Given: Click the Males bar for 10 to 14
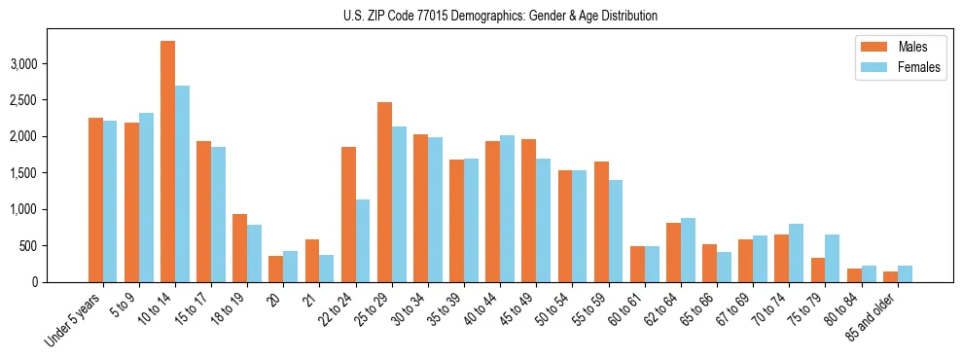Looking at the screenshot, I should point(167,162).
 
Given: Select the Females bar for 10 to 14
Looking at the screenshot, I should point(182,184).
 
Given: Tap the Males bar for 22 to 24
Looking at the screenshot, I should point(348,214).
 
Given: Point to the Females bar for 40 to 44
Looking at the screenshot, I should point(507,208).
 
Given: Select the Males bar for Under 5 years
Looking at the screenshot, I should point(95,199).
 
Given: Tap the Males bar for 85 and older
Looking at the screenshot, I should point(890,276).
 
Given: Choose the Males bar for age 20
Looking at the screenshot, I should point(275,269).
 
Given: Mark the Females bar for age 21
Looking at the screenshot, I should point(327,269).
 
